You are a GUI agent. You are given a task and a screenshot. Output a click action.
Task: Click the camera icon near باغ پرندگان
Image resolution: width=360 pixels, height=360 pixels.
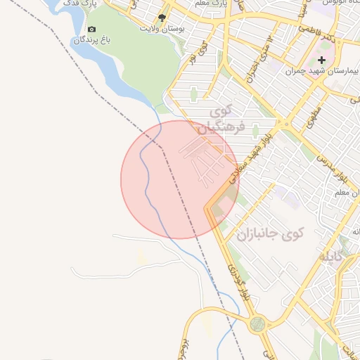click(92, 30)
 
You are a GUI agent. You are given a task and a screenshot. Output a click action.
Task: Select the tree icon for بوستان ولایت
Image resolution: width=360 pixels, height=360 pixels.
click(162, 18)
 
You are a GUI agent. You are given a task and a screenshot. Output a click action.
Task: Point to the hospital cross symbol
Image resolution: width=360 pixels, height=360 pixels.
click(322, 60)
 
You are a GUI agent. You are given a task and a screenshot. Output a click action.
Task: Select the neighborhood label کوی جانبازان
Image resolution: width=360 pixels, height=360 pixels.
click(270, 233)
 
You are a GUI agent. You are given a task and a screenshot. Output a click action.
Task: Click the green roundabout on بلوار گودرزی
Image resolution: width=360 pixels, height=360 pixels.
click(258, 324)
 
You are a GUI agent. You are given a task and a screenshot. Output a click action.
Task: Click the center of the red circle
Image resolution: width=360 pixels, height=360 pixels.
click(180, 179)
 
